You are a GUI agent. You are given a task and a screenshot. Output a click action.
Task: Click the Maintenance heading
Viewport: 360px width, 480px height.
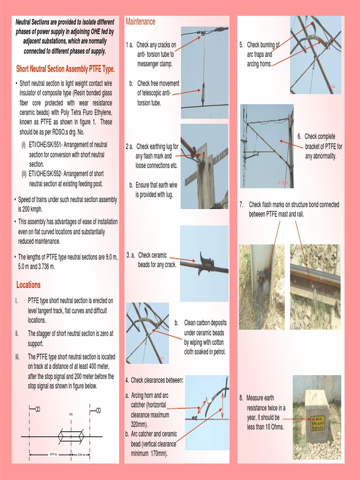click(140, 22)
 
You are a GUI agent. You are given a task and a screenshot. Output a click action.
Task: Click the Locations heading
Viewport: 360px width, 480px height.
click(28, 285)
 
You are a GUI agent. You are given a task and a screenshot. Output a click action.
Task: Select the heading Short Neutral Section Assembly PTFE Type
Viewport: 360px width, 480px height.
click(66, 69)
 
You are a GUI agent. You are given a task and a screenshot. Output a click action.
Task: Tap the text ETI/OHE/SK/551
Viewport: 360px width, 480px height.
click(49, 144)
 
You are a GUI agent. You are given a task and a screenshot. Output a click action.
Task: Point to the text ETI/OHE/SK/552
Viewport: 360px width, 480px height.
click(49, 174)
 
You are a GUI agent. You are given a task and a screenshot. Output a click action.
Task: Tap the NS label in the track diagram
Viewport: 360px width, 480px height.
click(71, 414)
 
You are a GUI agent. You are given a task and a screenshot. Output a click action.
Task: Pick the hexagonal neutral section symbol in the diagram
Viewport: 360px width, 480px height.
click(71, 436)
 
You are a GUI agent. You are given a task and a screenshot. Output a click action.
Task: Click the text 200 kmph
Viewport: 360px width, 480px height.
click(26, 210)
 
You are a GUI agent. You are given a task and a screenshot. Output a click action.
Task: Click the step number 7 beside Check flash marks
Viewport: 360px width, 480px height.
click(241, 204)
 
